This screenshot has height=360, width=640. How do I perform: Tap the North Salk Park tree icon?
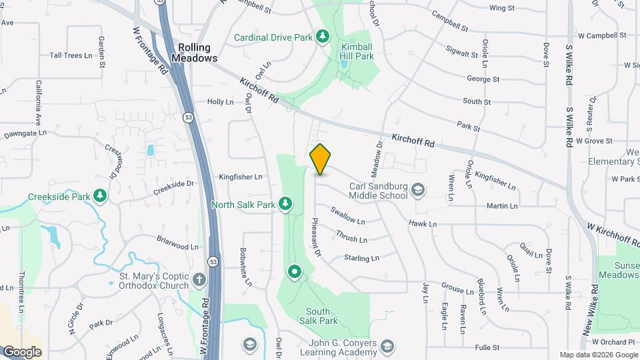point(285,204)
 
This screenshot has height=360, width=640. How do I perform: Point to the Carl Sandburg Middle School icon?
point(418,190)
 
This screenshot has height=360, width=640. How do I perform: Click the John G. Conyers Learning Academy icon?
point(387,347)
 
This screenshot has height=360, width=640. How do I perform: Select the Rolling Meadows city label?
point(195,53)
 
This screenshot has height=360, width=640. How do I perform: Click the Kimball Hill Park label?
point(357,52)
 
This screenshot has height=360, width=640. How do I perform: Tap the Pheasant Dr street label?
point(317,237)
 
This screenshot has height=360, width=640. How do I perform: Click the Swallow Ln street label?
point(348,217)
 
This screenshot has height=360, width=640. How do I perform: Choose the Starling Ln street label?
point(361,257)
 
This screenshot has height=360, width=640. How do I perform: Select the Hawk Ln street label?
point(423,224)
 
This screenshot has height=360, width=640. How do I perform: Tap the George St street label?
point(483,79)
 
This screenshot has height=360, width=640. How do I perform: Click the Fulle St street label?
point(487,347)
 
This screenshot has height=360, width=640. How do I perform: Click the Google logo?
point(22,351)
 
